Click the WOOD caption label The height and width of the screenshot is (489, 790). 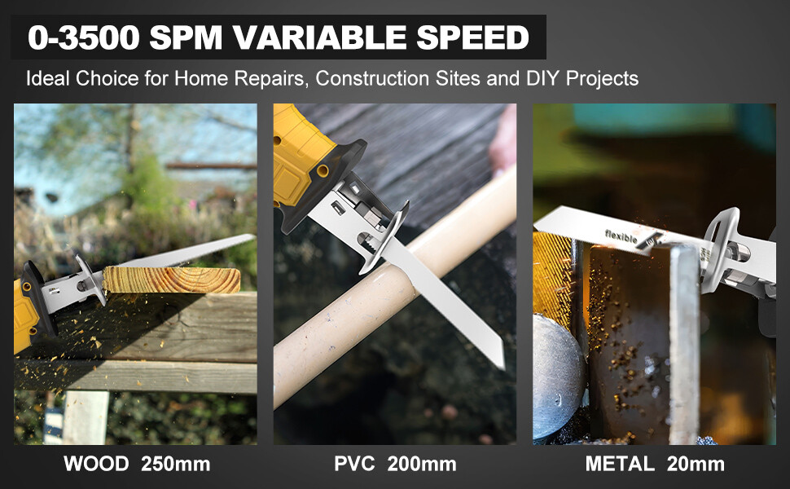(97, 465)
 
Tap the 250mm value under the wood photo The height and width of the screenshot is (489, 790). (175, 465)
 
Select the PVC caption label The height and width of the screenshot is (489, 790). (354, 465)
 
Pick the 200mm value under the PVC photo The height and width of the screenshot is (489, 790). (420, 465)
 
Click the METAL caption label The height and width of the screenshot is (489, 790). (619, 465)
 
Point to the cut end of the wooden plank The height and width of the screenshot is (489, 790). (231, 280)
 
